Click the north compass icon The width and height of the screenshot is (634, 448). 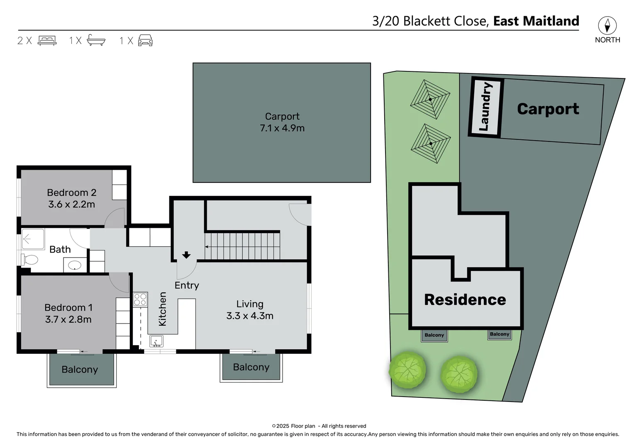(607, 26)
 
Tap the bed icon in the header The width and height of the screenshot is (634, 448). (47, 41)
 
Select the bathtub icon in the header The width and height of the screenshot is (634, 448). (96, 40)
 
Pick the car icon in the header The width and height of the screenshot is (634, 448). (145, 41)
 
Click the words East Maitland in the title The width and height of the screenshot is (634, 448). (536, 21)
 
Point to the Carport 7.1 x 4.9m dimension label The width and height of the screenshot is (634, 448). (282, 128)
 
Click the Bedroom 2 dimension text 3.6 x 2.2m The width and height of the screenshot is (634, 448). (71, 204)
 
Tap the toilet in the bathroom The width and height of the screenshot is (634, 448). (29, 260)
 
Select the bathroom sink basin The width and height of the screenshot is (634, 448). (75, 265)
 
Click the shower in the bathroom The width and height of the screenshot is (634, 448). (33, 239)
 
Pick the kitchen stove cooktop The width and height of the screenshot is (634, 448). (140, 299)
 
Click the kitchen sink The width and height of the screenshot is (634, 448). (156, 341)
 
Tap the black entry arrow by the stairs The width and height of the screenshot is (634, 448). (186, 255)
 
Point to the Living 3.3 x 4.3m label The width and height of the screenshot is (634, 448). (250, 310)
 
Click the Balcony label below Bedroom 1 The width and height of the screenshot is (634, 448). (80, 370)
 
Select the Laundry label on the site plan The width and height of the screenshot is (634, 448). (485, 107)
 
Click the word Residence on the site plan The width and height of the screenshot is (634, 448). (465, 299)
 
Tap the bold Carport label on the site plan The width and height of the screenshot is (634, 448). (548, 109)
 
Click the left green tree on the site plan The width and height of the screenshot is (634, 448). (407, 370)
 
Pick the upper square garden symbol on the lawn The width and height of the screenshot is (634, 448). (430, 100)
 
